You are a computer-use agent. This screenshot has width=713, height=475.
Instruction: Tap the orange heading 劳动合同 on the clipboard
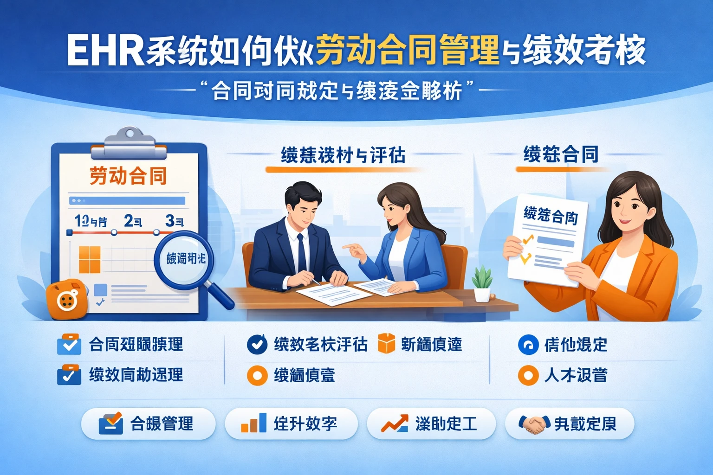point(128,176)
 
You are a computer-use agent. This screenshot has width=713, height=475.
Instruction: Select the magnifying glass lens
point(185,259)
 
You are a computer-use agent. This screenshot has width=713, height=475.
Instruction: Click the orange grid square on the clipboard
point(90,259)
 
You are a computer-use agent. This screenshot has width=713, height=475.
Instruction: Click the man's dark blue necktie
point(301,253)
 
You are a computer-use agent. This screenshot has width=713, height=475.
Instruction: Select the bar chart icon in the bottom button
point(253,423)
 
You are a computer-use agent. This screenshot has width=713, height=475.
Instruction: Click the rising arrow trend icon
point(394,423)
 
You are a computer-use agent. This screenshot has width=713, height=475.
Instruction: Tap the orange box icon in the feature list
point(386,344)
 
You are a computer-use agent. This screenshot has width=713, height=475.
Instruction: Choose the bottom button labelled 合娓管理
point(148,424)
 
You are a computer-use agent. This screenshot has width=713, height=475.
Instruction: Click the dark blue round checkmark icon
point(257,344)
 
